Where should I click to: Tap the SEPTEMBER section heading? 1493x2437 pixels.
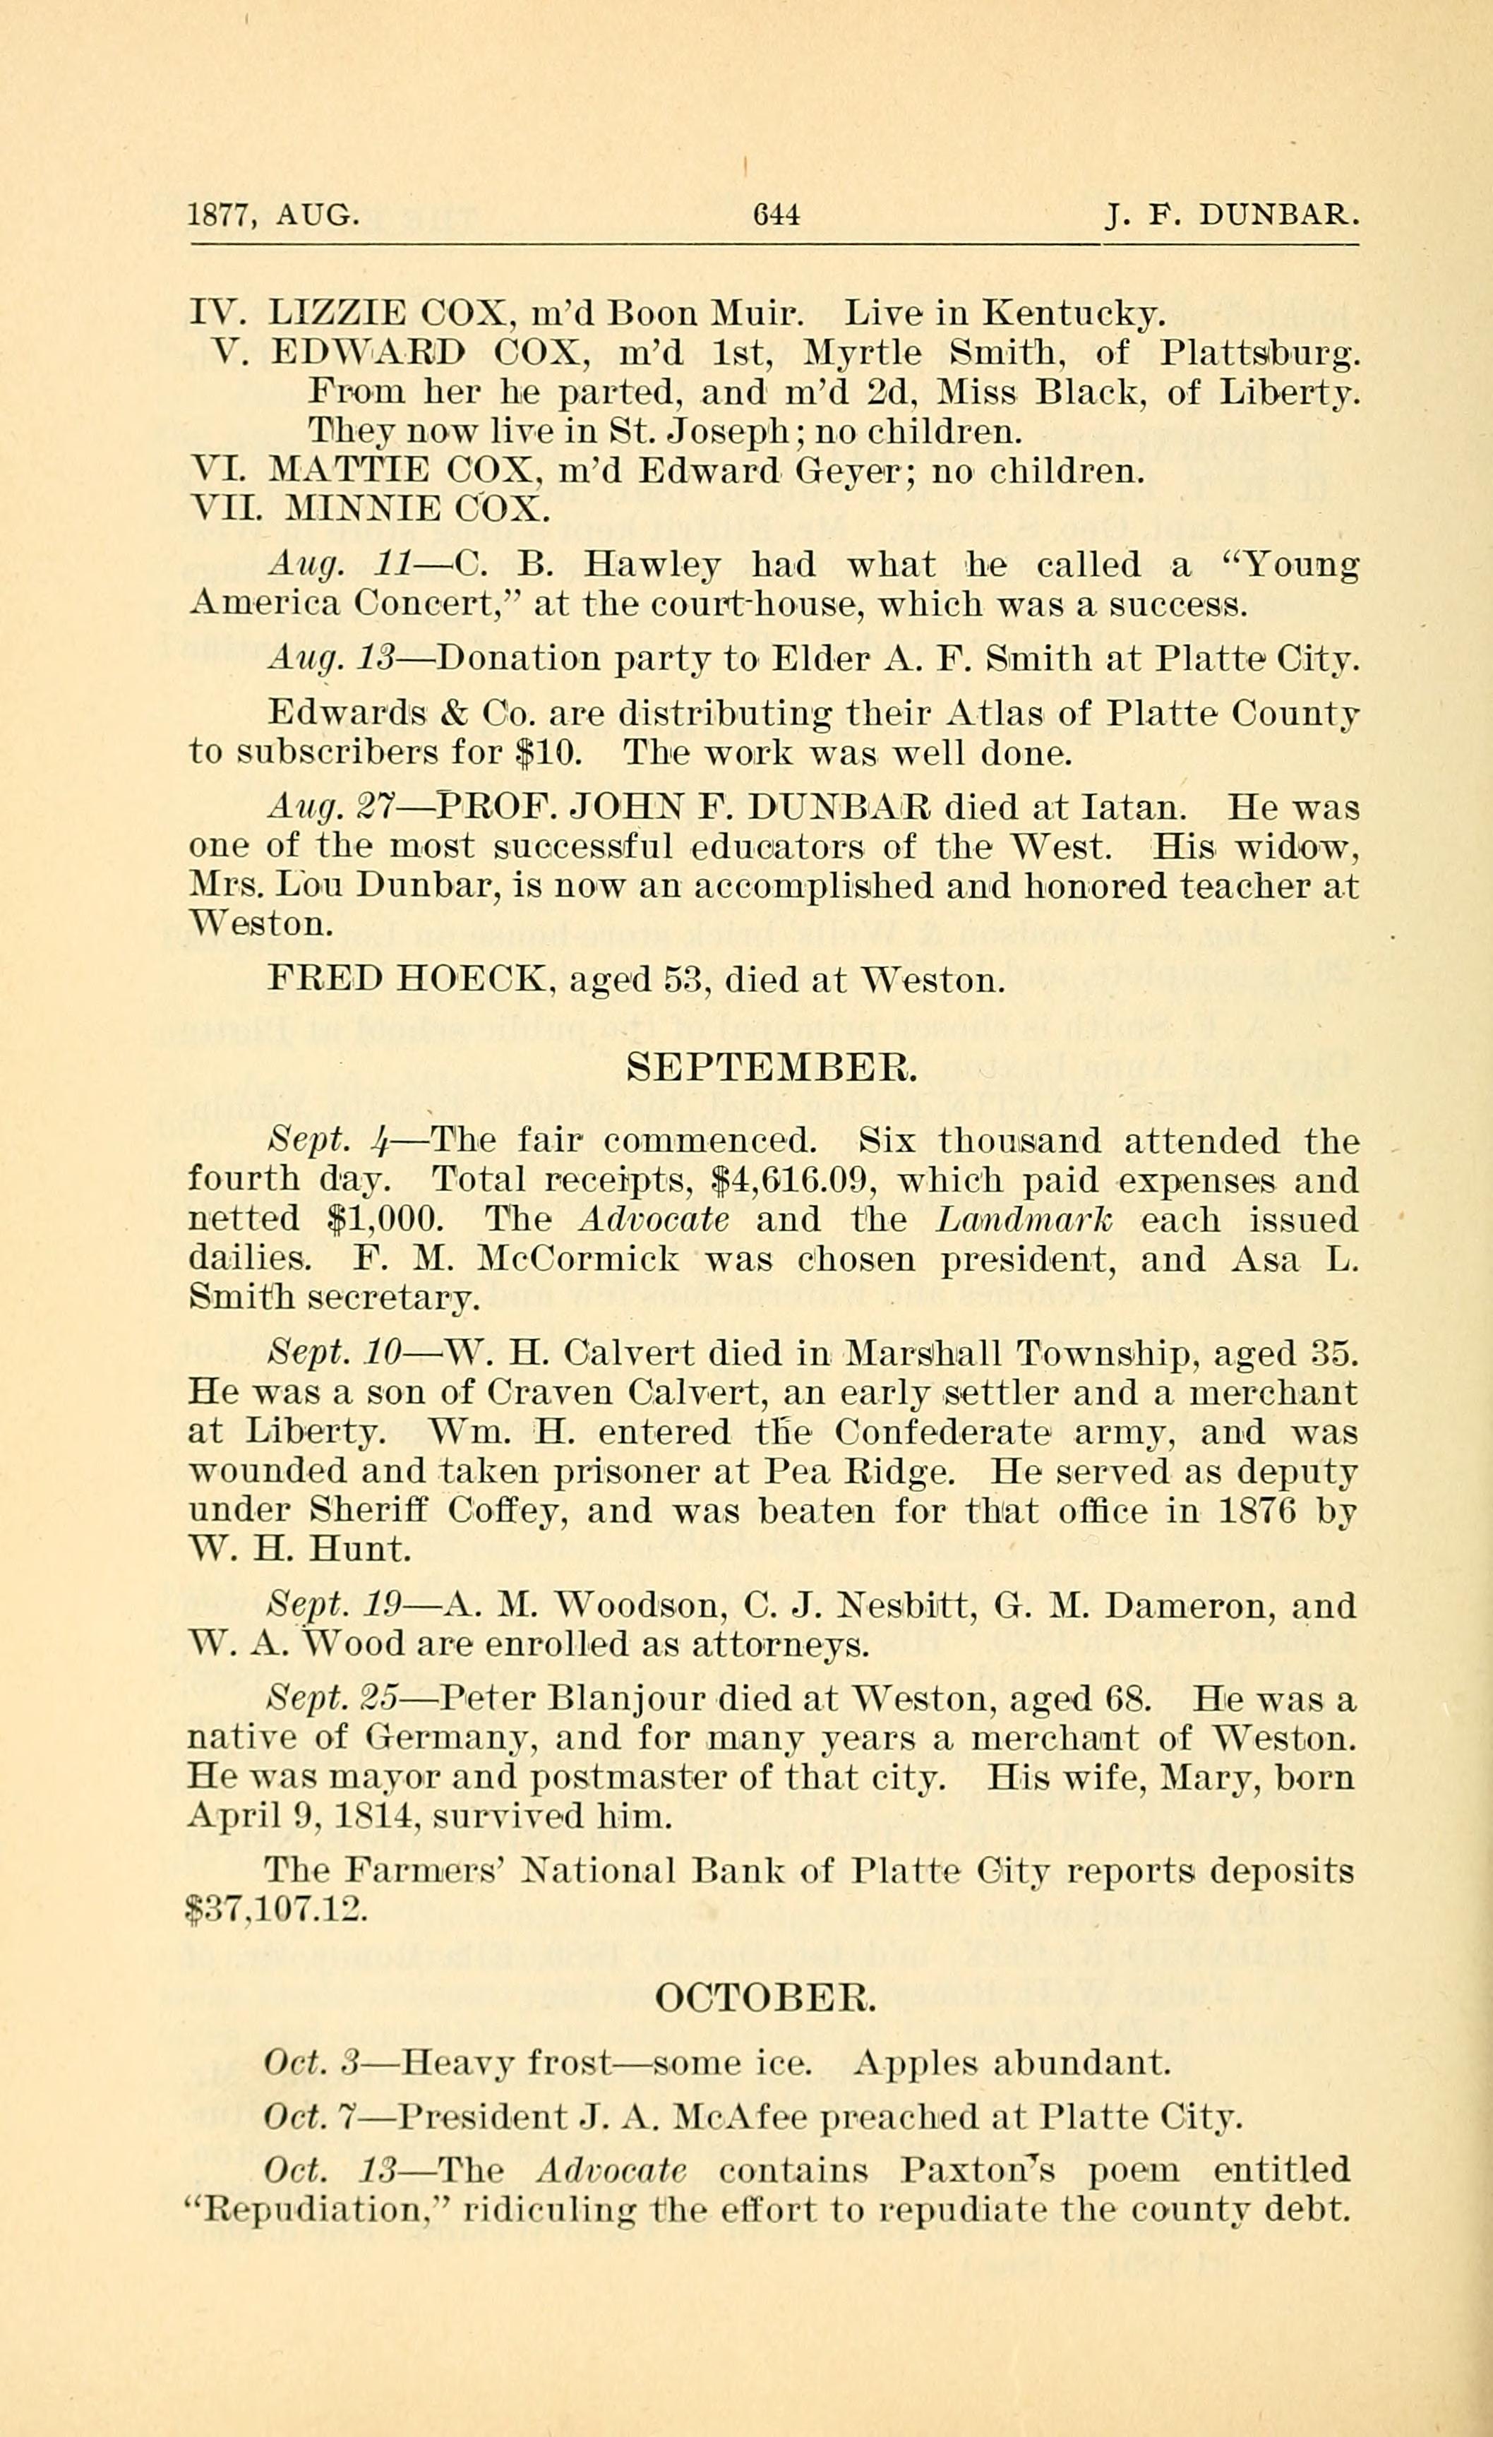coord(772,1065)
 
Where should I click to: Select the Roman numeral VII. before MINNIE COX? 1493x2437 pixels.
coord(225,508)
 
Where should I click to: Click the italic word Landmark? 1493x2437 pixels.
coord(1024,1219)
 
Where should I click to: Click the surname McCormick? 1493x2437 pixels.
coord(578,1259)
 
